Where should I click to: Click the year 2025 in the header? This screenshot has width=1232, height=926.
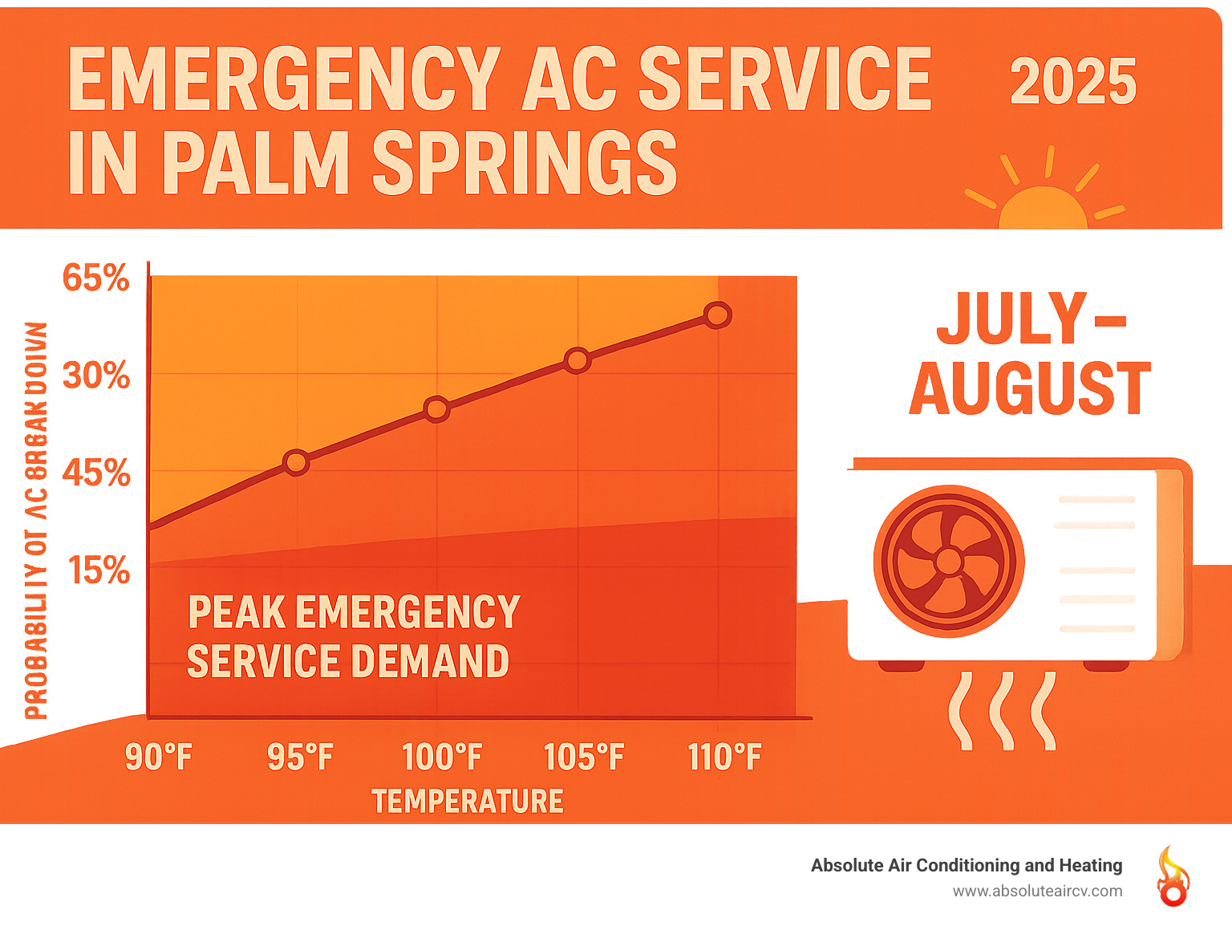coord(1072,82)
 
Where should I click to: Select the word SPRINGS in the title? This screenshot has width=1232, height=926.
coord(525,164)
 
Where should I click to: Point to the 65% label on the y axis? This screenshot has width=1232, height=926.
coord(96,278)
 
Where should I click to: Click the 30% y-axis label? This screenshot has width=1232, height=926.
coord(96,376)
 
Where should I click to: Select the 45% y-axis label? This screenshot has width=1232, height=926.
coord(96,473)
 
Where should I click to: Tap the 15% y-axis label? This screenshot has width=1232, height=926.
coord(99,571)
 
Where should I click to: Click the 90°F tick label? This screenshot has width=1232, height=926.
coord(159,757)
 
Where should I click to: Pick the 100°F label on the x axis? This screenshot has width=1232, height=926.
coord(442,757)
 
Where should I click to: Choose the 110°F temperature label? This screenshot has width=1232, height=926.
coord(725,757)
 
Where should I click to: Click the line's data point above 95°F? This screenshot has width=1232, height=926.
coord(296,462)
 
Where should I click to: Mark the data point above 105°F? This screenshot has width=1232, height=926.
coord(577,360)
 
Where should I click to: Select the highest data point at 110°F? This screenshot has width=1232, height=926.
coord(718,315)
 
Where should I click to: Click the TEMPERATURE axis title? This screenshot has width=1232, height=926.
coord(468,802)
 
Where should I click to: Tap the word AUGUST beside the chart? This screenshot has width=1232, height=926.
coord(1031,389)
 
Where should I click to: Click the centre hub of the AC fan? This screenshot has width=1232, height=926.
coord(948,561)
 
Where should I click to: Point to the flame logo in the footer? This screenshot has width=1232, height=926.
coord(1172,876)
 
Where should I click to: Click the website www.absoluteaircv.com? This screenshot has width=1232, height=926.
coord(1037,891)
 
